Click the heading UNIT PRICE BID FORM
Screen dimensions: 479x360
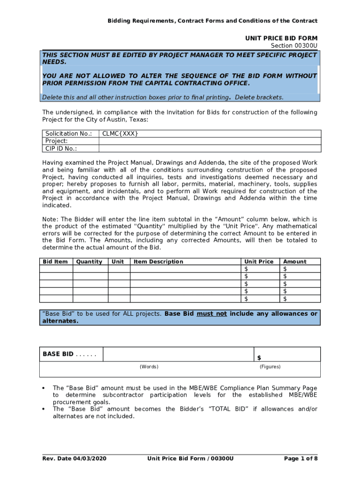click(281, 38)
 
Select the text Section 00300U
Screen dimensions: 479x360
click(294, 45)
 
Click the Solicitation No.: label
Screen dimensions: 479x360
click(68, 134)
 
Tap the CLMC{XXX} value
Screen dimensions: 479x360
click(120, 134)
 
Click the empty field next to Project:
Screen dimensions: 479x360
click(209, 141)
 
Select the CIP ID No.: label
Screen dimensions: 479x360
click(61, 149)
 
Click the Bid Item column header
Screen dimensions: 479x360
click(55, 261)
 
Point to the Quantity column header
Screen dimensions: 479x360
click(89, 261)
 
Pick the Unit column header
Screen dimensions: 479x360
click(118, 261)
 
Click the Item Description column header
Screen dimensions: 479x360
click(158, 261)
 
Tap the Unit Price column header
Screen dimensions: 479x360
click(259, 261)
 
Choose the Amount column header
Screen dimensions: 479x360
click(295, 261)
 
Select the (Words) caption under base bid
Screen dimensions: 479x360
click(149, 367)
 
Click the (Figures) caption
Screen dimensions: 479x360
click(270, 367)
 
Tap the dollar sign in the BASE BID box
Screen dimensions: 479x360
click(259, 358)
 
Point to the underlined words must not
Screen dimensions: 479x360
click(211, 314)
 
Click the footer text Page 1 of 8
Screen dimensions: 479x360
click(301, 458)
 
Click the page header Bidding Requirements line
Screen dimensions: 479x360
click(212, 21)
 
